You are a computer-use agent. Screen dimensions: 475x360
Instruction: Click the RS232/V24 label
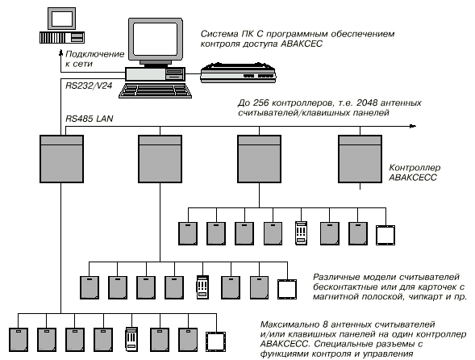pos(89,86)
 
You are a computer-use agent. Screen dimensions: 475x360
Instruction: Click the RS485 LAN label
pos(90,119)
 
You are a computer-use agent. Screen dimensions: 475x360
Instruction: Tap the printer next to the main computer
pos(238,73)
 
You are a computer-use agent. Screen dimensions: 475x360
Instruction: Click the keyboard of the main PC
pos(155,91)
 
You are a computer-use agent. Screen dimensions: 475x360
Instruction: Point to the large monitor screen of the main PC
pos(156,39)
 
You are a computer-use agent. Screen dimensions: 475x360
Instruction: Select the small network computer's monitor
pos(62,19)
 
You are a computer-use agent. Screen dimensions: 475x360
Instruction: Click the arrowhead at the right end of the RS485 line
pos(413,126)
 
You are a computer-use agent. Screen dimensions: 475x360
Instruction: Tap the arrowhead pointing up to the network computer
pos(61,54)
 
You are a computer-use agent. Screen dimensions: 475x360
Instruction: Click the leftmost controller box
pos(61,159)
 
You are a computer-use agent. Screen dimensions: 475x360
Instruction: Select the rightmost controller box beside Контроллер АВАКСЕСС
pos(360,159)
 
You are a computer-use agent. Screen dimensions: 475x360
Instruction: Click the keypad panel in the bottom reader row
pos(131,339)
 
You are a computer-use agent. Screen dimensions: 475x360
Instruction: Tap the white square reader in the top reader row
pos(385,235)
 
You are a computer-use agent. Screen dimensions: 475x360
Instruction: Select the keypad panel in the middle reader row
pos(202,287)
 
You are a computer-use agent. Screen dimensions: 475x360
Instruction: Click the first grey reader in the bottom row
pos(19,340)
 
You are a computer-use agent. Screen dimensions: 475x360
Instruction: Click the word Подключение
pos(95,54)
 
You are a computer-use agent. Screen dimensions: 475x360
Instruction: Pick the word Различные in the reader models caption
pos(336,277)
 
